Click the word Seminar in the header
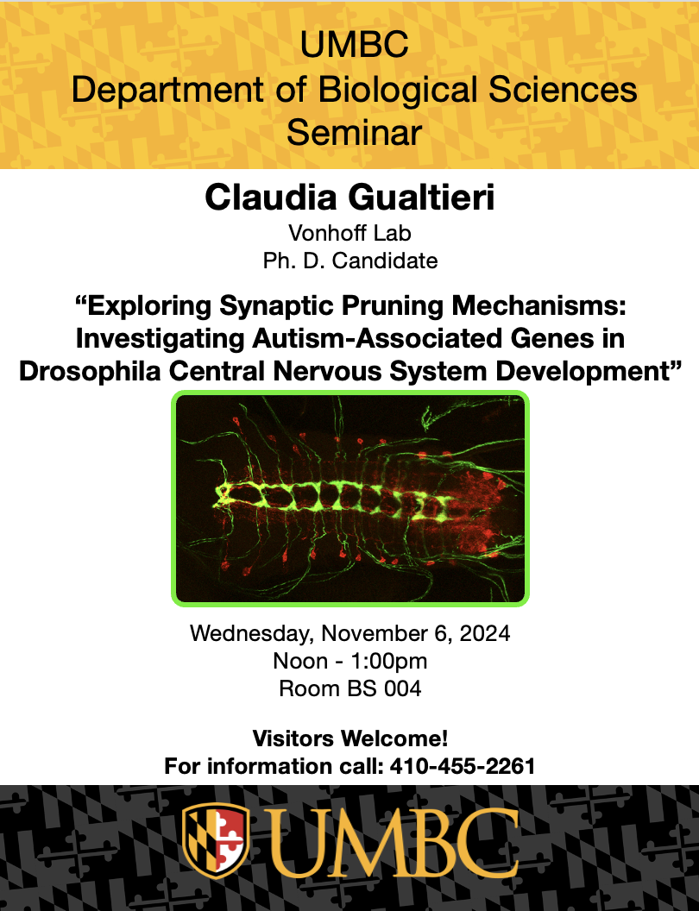354,133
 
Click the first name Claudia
271,197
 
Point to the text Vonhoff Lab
349,233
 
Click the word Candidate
385,261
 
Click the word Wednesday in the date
252,633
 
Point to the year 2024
485,633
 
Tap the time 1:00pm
388,661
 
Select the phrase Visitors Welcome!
350,738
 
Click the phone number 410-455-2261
463,766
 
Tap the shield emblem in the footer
216,840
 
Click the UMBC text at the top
354,46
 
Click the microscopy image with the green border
349,499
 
